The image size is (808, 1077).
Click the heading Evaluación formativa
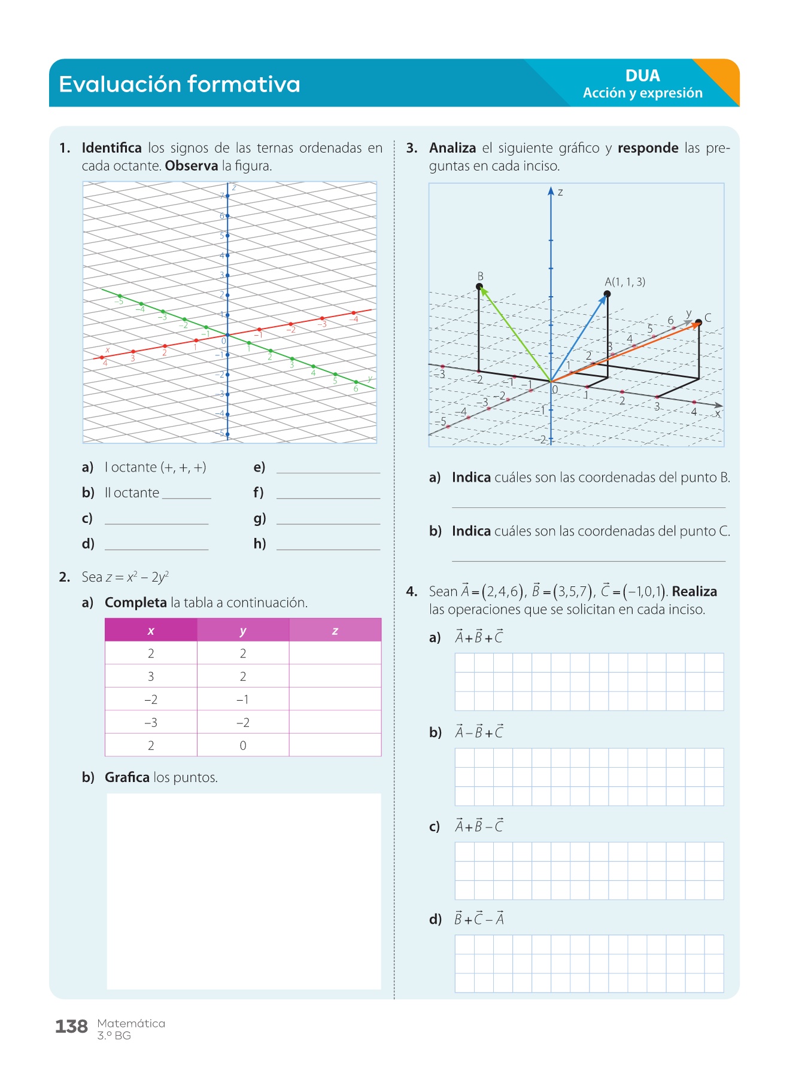pos(179,84)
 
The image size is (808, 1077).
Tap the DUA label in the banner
pos(642,76)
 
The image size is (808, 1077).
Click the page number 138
pos(71,1027)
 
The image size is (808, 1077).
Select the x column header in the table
pos(151,631)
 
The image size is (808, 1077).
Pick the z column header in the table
pos(335,631)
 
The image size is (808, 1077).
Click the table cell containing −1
pos(242,699)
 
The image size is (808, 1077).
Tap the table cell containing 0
pos(242,746)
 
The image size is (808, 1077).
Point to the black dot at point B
pos(479,287)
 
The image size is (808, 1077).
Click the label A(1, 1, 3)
pos(625,282)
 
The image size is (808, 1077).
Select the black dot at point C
pos(698,323)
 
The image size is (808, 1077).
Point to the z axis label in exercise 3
pos(560,193)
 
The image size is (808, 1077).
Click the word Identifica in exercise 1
pos(112,148)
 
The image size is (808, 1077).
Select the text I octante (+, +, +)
pos(155,467)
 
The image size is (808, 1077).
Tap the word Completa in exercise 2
pos(136,603)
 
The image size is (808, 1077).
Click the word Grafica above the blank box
pos(127,777)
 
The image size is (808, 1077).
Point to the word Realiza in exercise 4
pos(694,592)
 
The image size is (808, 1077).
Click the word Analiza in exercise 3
pos(452,148)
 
